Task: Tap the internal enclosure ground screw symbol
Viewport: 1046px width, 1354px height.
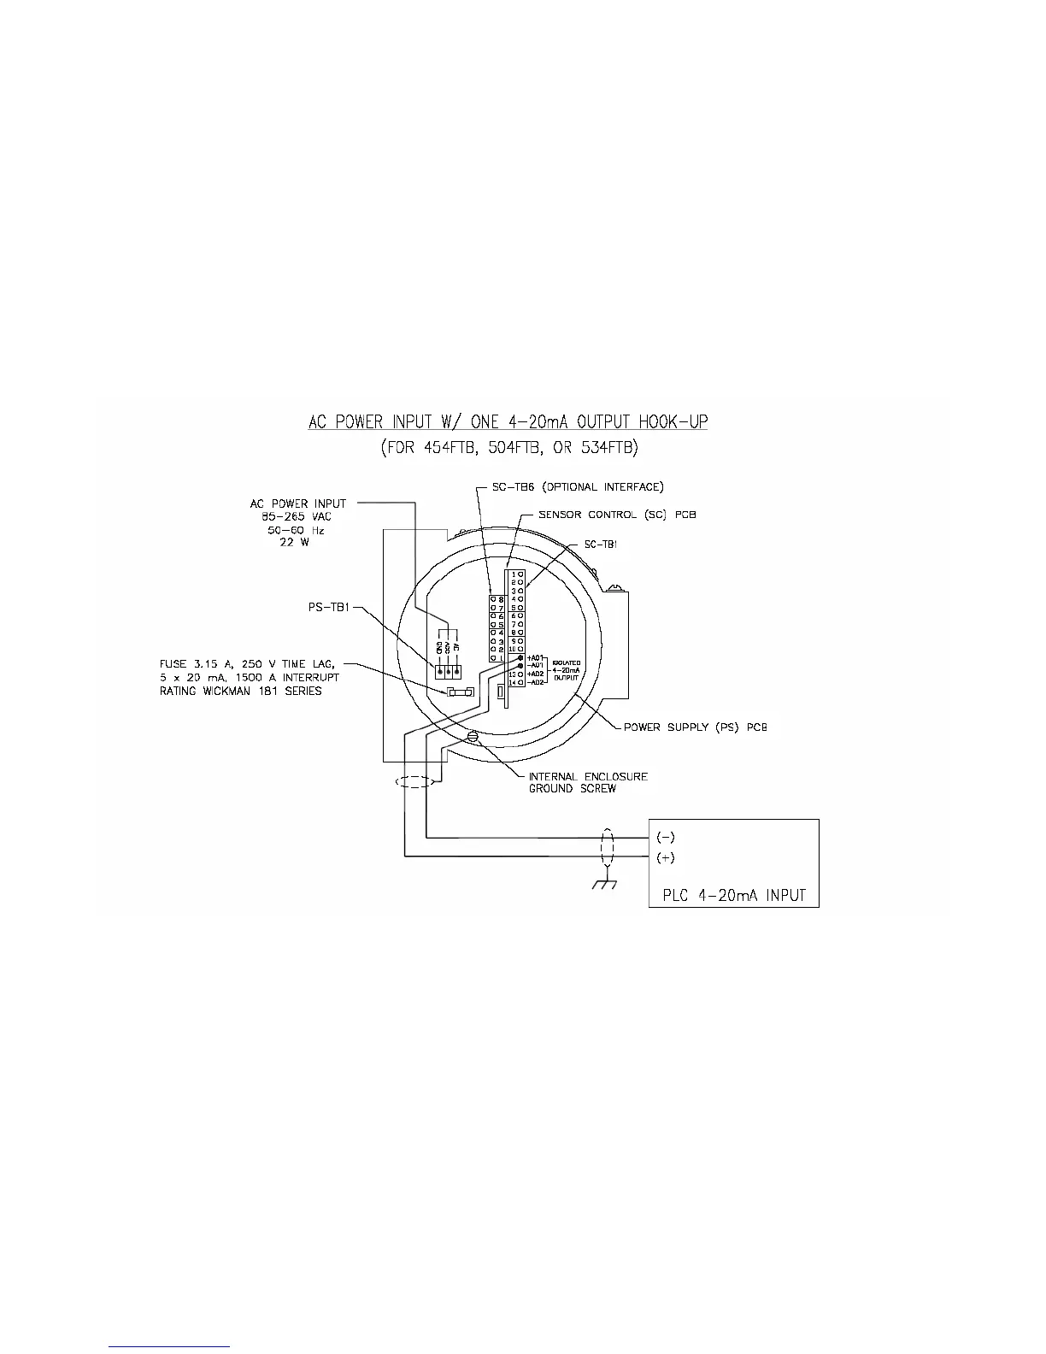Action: [473, 735]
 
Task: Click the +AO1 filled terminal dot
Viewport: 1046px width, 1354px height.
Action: [520, 657]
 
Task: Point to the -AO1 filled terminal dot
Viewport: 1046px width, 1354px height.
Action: [520, 665]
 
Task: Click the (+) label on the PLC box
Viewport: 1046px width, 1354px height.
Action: [665, 857]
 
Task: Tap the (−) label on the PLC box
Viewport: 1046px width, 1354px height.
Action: [665, 837]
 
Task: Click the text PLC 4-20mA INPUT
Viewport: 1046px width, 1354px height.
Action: [734, 895]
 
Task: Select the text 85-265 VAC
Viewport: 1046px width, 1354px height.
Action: [297, 516]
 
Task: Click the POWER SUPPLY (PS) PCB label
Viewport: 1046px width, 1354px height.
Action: [695, 727]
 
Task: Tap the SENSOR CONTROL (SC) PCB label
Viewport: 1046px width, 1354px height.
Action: [616, 515]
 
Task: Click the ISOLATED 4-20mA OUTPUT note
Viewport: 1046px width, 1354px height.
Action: [566, 669]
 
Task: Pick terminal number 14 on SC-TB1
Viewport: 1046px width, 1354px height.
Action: [513, 682]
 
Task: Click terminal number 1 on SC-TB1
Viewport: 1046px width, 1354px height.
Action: [513, 574]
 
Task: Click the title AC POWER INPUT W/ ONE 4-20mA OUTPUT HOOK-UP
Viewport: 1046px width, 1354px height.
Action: [508, 422]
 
